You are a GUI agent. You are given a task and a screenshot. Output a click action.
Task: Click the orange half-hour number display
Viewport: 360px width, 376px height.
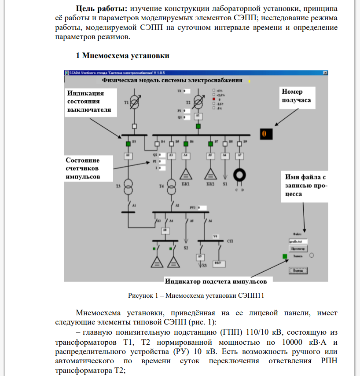point(265,133)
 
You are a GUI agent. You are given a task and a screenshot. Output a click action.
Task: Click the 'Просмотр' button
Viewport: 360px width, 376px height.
point(298,248)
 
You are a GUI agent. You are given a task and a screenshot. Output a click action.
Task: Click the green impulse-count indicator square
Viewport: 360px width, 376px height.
point(285,256)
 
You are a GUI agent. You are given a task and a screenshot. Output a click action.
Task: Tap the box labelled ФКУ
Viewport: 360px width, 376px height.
point(219,263)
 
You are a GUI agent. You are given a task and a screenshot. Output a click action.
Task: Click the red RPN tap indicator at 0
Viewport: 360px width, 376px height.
point(214,99)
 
